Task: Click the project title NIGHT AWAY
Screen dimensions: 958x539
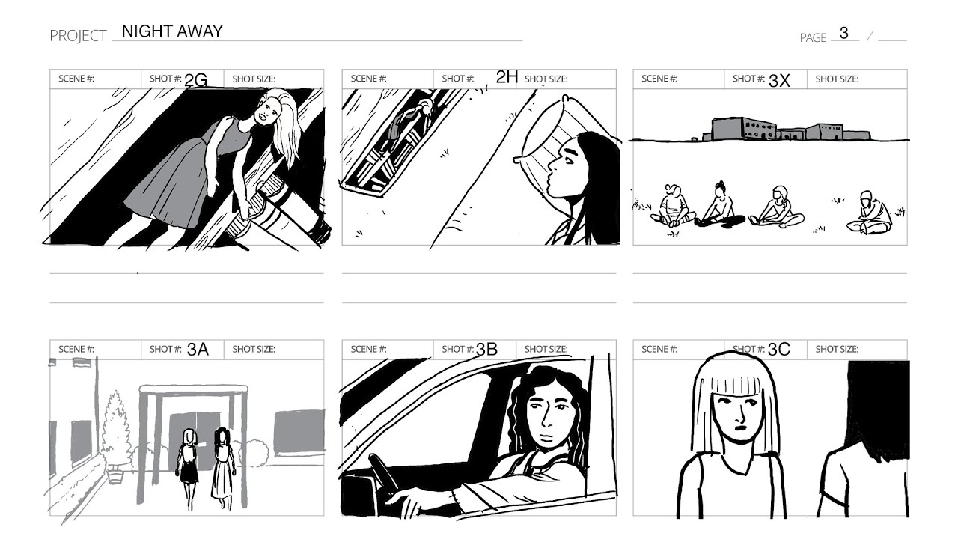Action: click(172, 31)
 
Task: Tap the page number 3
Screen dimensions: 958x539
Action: click(843, 33)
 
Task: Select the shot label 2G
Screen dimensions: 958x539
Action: click(196, 80)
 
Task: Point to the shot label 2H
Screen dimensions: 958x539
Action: click(507, 77)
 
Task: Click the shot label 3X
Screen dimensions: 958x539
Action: click(779, 80)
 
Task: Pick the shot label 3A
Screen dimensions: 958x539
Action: click(198, 350)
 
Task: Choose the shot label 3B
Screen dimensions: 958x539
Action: click(486, 350)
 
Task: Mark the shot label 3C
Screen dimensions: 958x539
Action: click(779, 350)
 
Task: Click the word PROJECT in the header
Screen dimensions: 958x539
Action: click(78, 36)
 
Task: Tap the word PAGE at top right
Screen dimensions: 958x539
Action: click(813, 37)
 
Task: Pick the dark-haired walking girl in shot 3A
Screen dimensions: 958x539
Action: click(223, 469)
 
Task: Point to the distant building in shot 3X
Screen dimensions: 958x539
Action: click(786, 130)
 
